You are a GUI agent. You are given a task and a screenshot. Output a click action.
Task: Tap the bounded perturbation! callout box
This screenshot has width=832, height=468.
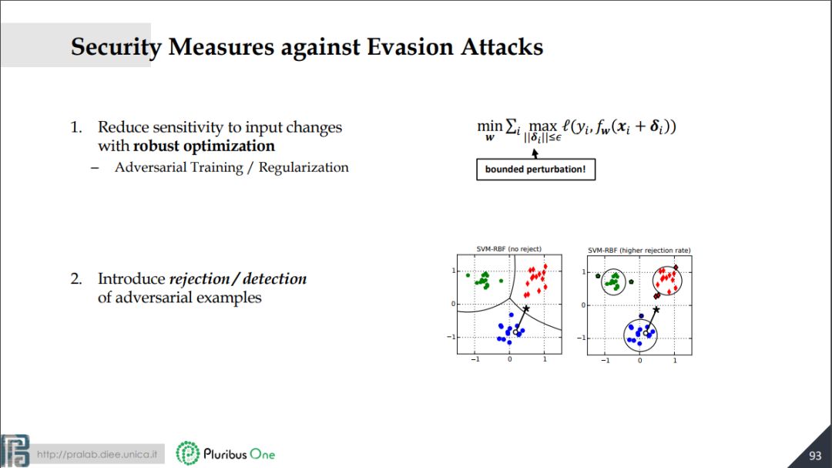coord(535,170)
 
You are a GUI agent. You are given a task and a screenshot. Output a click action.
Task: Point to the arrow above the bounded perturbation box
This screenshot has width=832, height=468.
coord(535,153)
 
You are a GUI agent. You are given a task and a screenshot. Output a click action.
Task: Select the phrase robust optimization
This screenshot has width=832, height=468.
coord(203,146)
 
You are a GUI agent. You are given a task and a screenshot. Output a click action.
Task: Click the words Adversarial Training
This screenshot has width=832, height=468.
coord(179,168)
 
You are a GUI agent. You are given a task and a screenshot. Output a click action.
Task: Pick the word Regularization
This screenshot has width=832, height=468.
coord(304,168)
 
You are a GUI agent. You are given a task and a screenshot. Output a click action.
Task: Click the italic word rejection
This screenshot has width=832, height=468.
coord(199,279)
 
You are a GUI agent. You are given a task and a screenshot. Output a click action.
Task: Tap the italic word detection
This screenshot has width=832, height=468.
coord(275,278)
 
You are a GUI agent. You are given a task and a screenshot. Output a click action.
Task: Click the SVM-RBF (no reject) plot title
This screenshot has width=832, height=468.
coord(509,248)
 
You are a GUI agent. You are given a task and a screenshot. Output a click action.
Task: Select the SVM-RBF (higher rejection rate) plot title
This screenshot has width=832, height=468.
coord(639,251)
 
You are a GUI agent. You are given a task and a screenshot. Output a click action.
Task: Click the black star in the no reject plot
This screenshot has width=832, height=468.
coord(526,308)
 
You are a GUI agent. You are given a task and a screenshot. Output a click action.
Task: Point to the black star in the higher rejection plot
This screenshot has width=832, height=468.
coord(656,309)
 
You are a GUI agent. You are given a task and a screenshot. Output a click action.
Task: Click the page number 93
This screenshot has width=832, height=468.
coord(815,456)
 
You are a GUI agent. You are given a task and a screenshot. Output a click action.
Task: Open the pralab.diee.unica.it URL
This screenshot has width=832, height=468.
coord(96,454)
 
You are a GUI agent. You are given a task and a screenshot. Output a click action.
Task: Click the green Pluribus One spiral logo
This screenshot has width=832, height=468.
coord(187,453)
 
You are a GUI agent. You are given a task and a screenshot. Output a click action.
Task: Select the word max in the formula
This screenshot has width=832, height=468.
coord(543,127)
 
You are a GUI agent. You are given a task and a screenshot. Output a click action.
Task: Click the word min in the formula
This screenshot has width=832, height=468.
coord(489,126)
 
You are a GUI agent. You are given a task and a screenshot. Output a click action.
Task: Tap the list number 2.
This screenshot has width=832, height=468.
coord(75,279)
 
